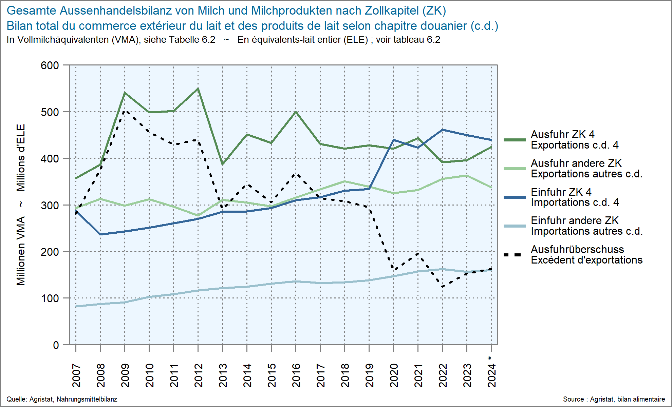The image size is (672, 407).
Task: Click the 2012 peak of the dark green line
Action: [x=198, y=89]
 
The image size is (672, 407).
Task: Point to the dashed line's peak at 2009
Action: [x=125, y=111]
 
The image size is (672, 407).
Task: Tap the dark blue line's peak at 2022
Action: [x=442, y=130]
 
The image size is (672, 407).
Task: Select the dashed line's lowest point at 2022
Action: [x=442, y=287]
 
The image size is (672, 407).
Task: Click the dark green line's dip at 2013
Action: [x=222, y=164]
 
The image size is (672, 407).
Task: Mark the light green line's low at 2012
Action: [x=198, y=216]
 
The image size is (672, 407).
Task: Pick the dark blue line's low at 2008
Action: [x=100, y=234]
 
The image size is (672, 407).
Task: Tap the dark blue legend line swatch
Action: [x=514, y=197]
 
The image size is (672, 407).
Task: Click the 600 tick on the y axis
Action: [x=50, y=65]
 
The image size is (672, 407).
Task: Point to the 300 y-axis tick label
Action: [x=50, y=205]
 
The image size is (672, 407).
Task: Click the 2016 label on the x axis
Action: [x=296, y=375]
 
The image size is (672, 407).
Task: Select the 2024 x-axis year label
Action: [x=491, y=375]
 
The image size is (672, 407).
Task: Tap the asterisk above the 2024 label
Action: [x=489, y=358]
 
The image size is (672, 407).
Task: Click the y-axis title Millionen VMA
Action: [x=21, y=251]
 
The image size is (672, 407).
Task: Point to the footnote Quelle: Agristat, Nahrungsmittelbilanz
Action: [x=62, y=399]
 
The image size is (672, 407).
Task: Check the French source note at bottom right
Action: [x=614, y=399]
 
